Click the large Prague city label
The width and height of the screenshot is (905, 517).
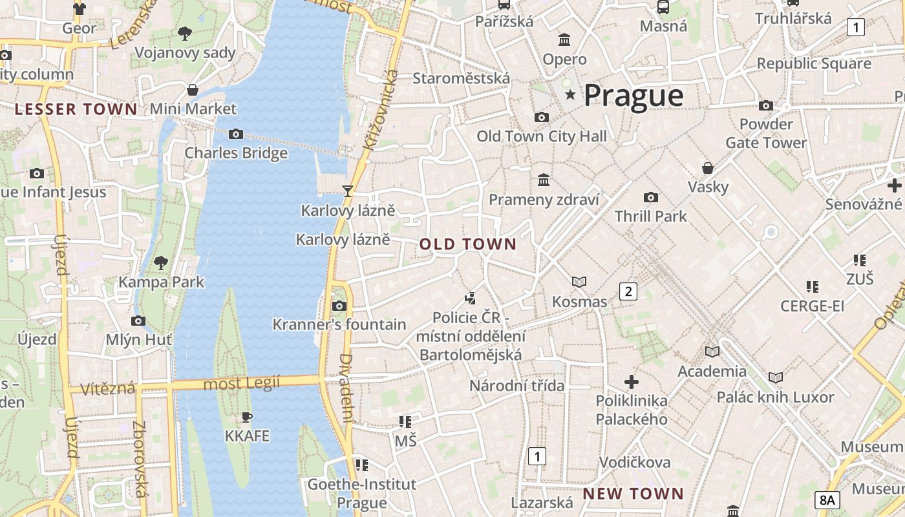633,96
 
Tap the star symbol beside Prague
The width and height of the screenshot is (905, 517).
570,96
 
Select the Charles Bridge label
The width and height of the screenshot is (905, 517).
236,153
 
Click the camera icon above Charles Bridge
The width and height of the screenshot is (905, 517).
236,134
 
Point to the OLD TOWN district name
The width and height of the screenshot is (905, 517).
468,244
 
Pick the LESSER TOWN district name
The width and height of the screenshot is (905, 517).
76,109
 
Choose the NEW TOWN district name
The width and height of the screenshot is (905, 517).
633,494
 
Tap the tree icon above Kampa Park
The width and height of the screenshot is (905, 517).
160,262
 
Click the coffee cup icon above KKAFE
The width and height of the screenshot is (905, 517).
246,417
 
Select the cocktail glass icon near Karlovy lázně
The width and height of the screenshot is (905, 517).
348,191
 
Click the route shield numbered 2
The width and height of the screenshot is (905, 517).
628,291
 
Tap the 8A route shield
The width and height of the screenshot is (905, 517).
827,500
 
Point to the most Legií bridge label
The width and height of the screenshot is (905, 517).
242,384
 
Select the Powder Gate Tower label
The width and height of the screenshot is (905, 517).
766,133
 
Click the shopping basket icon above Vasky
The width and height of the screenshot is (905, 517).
708,168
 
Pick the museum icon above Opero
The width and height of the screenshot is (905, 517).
564,40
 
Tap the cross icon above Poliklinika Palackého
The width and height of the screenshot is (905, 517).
632,381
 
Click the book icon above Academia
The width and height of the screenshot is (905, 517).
712,352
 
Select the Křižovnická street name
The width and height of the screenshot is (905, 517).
379,111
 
